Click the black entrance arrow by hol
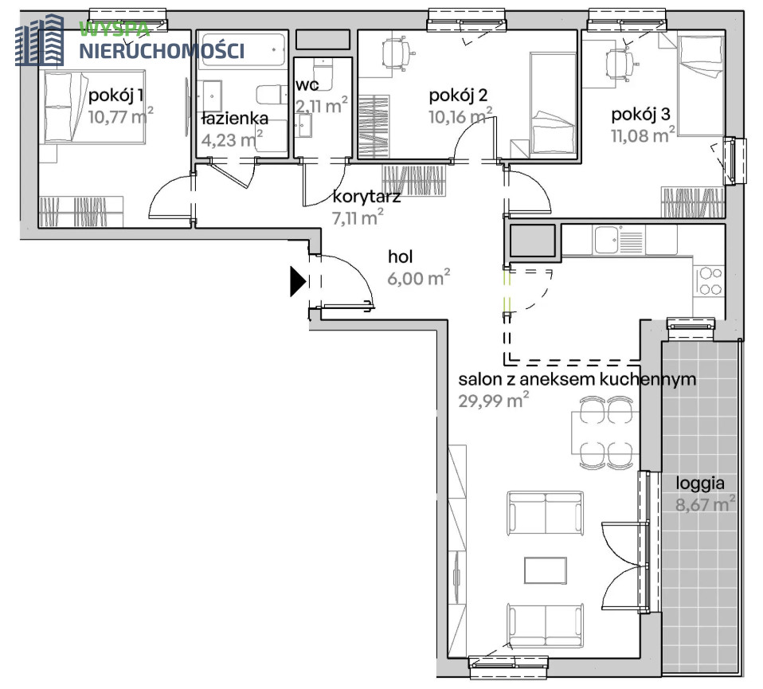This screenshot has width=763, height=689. click(x=297, y=281)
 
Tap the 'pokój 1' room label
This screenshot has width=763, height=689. click(x=115, y=96)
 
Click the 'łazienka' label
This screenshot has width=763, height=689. click(x=236, y=118)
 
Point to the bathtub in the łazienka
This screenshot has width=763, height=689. click(x=243, y=51)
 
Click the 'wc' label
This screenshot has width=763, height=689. click(x=307, y=85)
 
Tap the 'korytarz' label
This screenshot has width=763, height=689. click(x=366, y=197)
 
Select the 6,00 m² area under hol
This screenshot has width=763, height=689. click(x=418, y=277)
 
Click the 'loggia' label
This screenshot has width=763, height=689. click(x=700, y=483)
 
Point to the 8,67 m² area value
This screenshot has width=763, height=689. click(x=705, y=503)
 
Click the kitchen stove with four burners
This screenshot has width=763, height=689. click(x=710, y=281)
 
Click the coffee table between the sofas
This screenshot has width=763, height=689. click(x=545, y=570)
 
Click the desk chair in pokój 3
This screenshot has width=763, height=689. click(x=620, y=65)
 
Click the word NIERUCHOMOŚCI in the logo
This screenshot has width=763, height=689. click(x=162, y=50)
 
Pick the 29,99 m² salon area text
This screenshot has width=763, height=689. click(x=494, y=401)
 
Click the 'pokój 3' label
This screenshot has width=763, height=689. click(x=640, y=115)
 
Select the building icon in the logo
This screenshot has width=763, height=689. click(x=40, y=40)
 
